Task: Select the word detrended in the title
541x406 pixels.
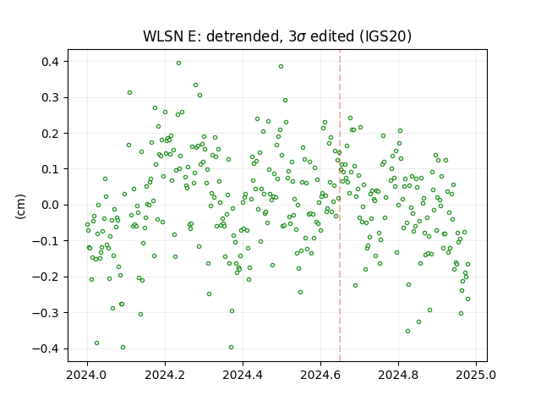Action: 243,36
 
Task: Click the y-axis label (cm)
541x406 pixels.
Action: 20,206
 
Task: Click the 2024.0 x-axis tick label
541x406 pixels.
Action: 88,375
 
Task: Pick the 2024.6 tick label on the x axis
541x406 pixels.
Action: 320,375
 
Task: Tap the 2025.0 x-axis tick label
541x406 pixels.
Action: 476,375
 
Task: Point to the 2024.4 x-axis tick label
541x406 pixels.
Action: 243,375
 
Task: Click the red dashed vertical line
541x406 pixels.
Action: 340,206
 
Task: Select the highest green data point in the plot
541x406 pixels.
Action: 178,63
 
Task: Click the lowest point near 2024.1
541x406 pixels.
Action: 123,348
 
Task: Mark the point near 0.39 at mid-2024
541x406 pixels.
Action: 281,67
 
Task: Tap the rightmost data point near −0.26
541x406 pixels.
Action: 467,299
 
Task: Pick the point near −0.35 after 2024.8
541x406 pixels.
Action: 407,331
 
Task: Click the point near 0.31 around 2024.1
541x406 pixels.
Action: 129,93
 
